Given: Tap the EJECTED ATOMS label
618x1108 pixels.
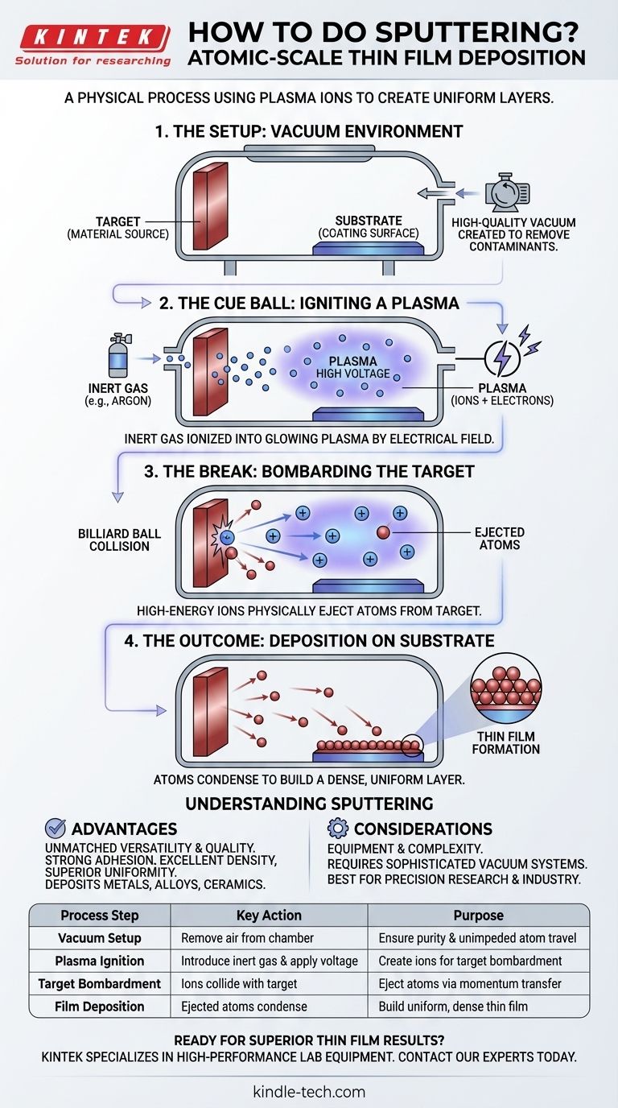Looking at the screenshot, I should click(499, 538).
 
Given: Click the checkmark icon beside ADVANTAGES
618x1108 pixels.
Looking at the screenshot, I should click(56, 829).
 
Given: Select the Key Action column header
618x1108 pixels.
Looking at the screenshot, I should click(269, 915).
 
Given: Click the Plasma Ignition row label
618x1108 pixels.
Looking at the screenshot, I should click(100, 961).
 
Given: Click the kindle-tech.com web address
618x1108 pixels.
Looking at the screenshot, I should click(308, 1092).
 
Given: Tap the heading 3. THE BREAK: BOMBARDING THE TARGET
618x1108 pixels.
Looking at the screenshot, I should click(308, 471).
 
